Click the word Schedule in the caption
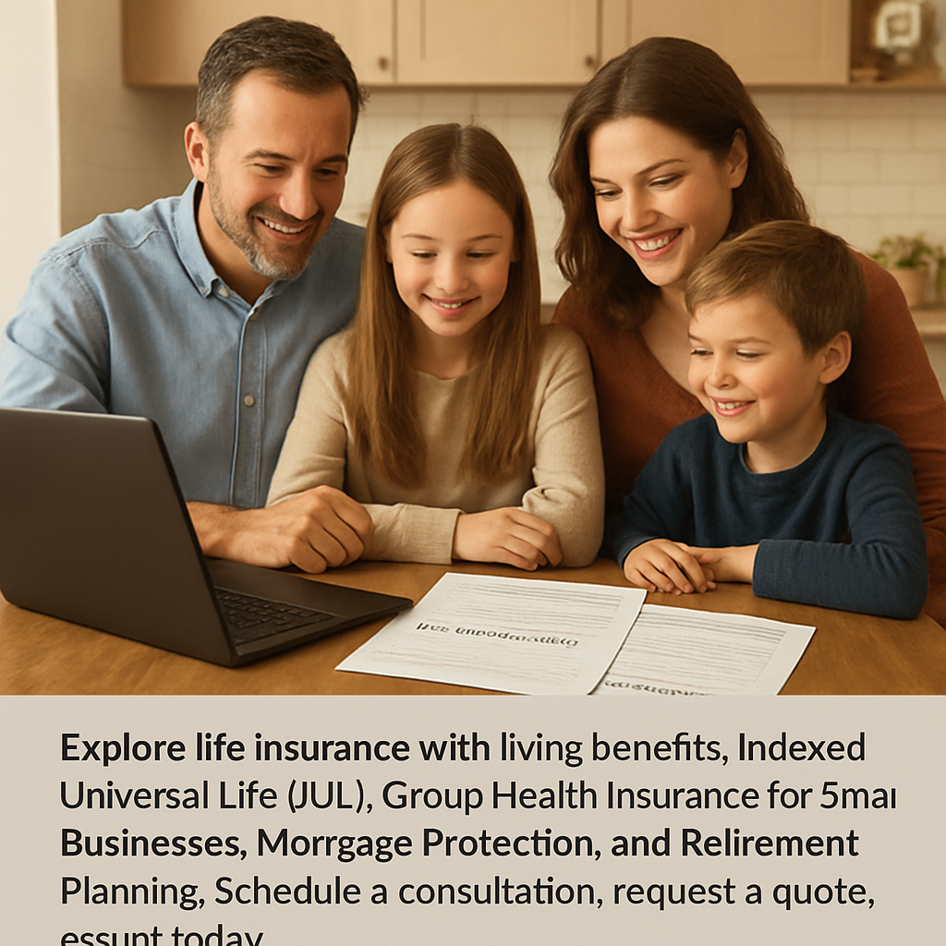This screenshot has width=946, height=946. (x=288, y=891)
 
